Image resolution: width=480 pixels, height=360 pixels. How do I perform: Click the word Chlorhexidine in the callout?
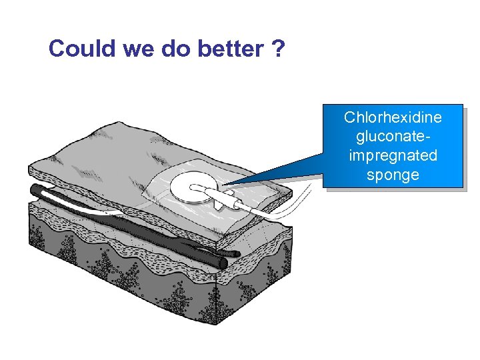click(393, 118)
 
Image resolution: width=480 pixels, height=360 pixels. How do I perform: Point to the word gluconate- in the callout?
click(393, 137)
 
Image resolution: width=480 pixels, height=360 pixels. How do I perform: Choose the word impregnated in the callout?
click(393, 156)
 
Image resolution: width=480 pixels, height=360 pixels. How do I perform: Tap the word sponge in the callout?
click(393, 175)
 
